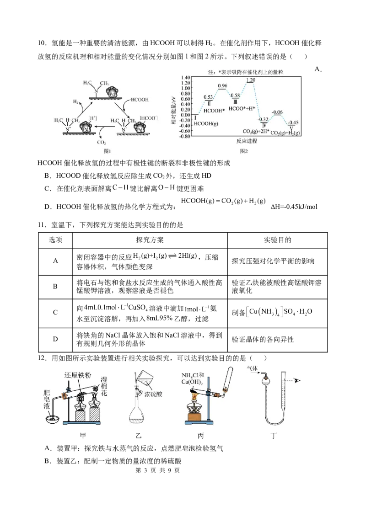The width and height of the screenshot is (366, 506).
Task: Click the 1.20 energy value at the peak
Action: pos(250,80)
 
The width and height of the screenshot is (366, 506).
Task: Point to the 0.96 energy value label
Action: pos(222,86)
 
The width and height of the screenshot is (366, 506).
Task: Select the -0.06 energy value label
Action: pos(277,112)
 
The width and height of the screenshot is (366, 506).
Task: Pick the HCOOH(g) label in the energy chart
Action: pos(206,123)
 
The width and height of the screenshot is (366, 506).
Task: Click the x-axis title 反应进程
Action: pos(247,141)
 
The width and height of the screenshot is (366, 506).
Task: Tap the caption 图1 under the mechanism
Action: pos(107,151)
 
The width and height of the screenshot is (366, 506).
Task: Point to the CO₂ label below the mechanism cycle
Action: pos(102,142)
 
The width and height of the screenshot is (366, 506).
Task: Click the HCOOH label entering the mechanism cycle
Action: pos(140,100)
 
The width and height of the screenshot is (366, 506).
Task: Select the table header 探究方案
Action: pos(150,240)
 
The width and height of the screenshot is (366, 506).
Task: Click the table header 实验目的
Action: pos(278,240)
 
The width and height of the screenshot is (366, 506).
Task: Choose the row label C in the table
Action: pos(55,312)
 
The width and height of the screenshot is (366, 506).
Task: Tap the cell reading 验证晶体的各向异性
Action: pos(263,340)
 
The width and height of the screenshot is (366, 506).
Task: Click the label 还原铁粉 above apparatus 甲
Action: pos(77,375)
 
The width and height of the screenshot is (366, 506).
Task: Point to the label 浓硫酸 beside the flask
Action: pos(153,394)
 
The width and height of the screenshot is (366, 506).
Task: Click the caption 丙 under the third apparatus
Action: pos(200,436)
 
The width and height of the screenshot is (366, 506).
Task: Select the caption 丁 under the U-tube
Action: pos(274,436)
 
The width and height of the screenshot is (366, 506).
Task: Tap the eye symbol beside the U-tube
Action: pos(297,381)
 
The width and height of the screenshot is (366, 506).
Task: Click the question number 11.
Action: pos(43,225)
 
